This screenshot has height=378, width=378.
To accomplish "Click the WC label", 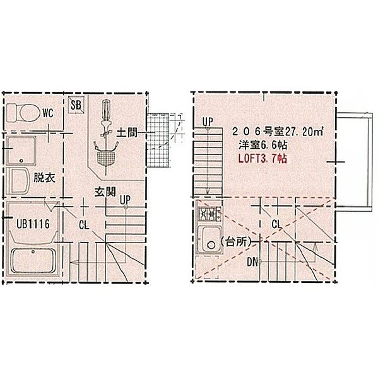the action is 48,113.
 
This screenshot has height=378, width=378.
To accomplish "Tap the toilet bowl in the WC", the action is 30,113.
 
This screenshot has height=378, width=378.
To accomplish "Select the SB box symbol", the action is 76,105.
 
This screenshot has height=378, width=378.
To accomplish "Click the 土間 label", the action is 127,132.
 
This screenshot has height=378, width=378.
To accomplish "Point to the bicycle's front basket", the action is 105,157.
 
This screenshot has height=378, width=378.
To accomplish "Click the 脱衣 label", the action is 44,178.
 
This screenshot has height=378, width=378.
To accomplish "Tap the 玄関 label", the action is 105,192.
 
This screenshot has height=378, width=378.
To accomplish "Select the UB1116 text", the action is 33,224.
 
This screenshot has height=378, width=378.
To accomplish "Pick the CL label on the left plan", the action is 84,225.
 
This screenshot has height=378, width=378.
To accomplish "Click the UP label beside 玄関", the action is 125,200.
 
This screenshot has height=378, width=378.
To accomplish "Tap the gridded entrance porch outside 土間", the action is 158,140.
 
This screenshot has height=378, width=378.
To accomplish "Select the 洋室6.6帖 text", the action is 263,146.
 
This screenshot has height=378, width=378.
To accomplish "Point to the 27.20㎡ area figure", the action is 305,132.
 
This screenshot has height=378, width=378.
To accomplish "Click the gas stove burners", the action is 210,214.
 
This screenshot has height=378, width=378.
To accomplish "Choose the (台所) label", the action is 237,242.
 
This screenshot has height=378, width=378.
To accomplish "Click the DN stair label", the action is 252,262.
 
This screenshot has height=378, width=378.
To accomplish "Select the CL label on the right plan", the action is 276,224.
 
